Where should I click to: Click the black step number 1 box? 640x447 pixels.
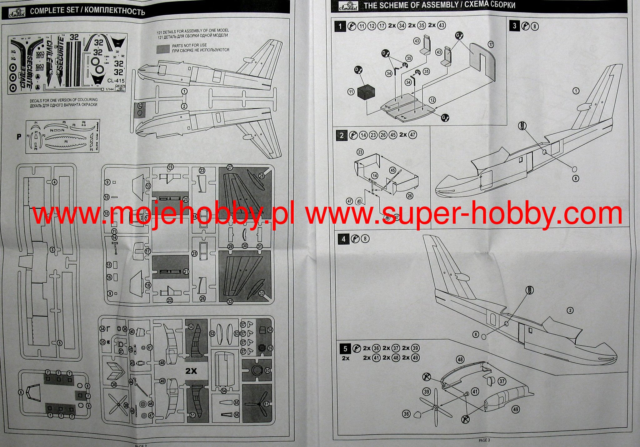(340, 26)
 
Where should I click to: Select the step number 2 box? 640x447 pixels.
(342, 135)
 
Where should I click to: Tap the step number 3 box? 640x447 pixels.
(515, 26)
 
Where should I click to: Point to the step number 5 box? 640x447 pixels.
(345, 349)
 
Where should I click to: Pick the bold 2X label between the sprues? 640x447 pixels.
(191, 371)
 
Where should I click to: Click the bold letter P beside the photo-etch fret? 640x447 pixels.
(19, 137)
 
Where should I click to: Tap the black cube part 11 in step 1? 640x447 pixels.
(366, 93)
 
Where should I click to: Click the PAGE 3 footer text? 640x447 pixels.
(484, 440)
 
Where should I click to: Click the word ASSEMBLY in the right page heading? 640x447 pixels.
(441, 5)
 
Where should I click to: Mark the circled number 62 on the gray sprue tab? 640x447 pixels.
(140, 106)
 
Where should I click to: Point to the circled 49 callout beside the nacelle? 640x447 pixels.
(515, 409)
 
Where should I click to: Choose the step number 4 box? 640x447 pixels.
(343, 239)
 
